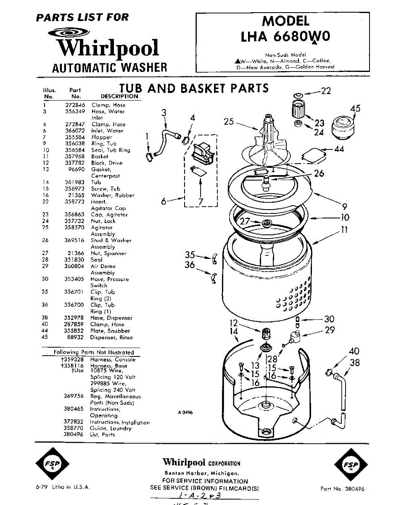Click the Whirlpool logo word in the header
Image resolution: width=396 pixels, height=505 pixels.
(x=108, y=47)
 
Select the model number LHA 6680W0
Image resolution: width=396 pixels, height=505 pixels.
(x=285, y=37)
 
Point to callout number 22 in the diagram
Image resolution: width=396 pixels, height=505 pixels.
(x=326, y=90)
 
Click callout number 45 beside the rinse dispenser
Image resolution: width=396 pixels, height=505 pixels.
(x=355, y=109)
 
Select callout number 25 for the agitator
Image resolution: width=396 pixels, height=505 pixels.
(x=229, y=122)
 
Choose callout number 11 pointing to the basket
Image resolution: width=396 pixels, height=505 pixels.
(x=344, y=230)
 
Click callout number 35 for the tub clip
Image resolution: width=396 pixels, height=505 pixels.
(x=190, y=255)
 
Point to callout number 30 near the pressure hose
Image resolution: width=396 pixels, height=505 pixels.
(x=329, y=319)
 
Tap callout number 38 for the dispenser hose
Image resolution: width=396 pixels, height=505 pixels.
(x=355, y=363)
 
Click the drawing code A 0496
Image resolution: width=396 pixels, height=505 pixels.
(x=185, y=413)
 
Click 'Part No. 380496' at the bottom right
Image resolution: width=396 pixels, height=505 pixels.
(x=342, y=489)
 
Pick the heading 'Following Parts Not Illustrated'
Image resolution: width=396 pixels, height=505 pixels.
(x=94, y=352)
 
